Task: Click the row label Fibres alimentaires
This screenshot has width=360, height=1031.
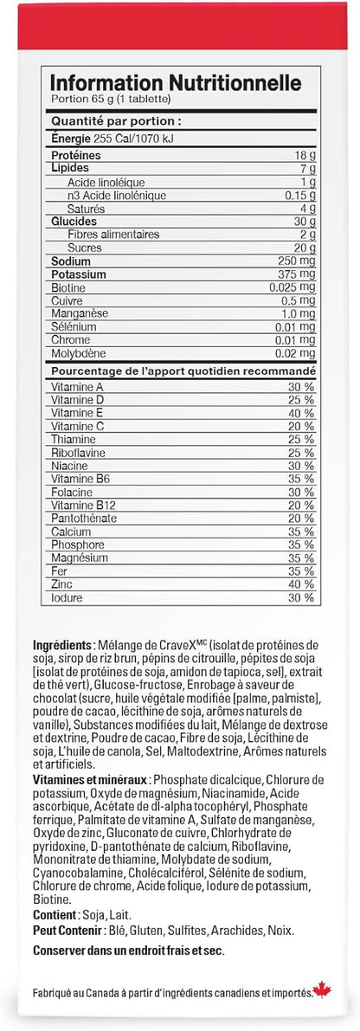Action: point(116,235)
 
